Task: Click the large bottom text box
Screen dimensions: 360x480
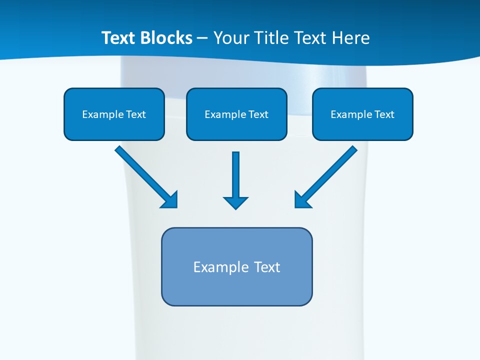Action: click(x=236, y=287)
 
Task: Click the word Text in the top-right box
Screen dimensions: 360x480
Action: click(x=384, y=114)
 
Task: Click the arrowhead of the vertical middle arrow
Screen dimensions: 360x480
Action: click(x=235, y=202)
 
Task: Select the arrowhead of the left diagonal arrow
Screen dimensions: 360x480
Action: click(x=171, y=200)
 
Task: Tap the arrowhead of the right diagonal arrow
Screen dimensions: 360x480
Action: click(x=301, y=200)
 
